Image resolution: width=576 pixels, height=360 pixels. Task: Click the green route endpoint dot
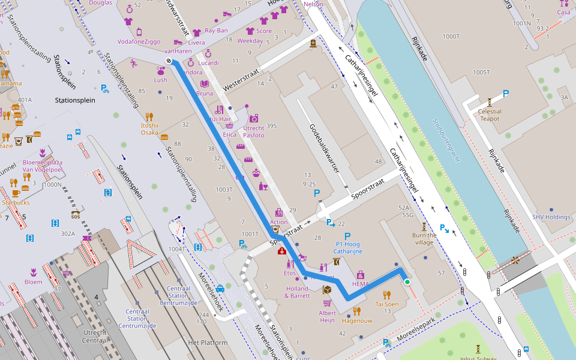(x=407, y=281)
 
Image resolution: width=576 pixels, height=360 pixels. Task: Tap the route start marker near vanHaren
(x=169, y=61)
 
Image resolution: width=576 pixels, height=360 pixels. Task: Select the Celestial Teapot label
(x=490, y=115)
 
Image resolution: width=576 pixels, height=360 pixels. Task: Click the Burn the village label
(x=424, y=239)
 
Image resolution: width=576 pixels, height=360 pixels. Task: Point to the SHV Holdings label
(x=551, y=217)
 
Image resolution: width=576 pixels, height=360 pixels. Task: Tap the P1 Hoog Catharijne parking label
(x=347, y=248)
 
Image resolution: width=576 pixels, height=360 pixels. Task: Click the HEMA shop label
(x=361, y=284)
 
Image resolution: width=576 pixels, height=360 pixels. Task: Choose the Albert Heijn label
(x=327, y=317)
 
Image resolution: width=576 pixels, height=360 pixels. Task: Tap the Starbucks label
(x=16, y=202)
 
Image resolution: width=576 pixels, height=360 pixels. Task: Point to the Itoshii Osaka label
(x=149, y=129)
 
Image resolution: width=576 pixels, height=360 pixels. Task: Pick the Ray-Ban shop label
(x=217, y=30)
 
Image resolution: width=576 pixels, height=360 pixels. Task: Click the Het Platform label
(x=208, y=343)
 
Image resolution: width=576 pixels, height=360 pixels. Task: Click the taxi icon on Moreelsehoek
(x=220, y=288)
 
